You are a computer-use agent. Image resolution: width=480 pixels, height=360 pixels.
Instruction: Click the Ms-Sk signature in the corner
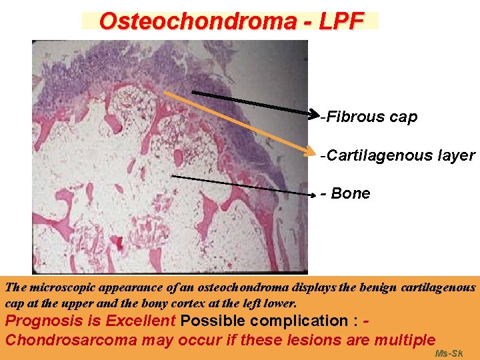pos(448,353)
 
